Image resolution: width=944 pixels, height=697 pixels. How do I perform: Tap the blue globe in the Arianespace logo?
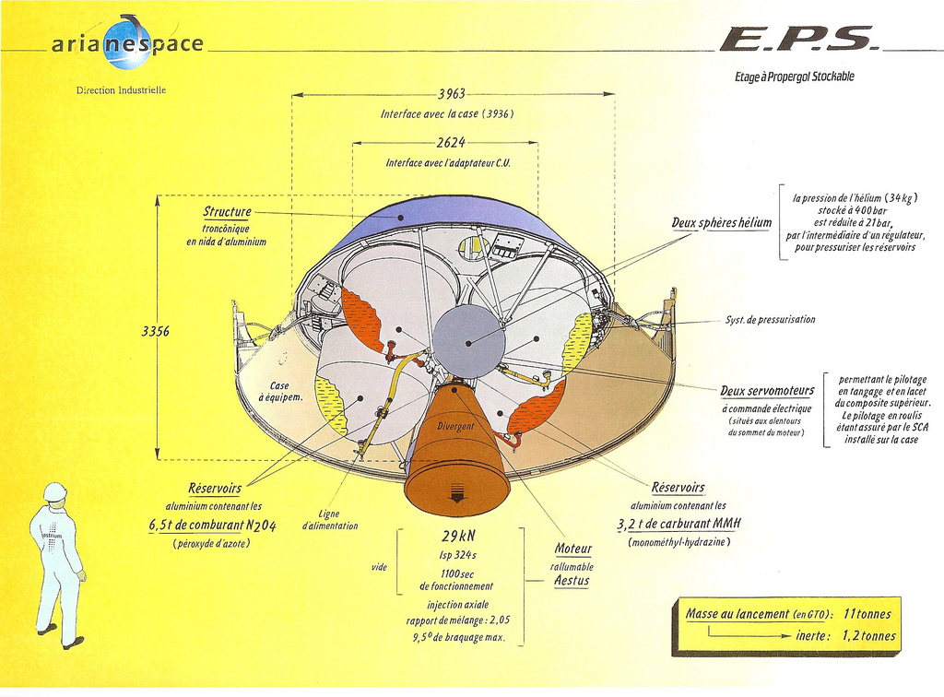127,43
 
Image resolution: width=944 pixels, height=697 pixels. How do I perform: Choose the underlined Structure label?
227,212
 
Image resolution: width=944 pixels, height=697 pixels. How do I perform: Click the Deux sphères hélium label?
721,223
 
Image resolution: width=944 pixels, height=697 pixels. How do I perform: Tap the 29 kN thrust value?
457,537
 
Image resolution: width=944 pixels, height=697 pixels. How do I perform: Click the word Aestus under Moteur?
572,581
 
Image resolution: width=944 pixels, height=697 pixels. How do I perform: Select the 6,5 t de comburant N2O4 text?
213,525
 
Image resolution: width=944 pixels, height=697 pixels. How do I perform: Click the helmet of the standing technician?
55,491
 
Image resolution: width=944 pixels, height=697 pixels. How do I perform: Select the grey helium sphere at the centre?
468,341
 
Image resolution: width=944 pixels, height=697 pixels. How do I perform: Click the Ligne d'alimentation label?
329,520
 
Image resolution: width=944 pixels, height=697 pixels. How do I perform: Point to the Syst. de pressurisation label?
770,320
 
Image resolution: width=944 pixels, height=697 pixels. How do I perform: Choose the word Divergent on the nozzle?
455,426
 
